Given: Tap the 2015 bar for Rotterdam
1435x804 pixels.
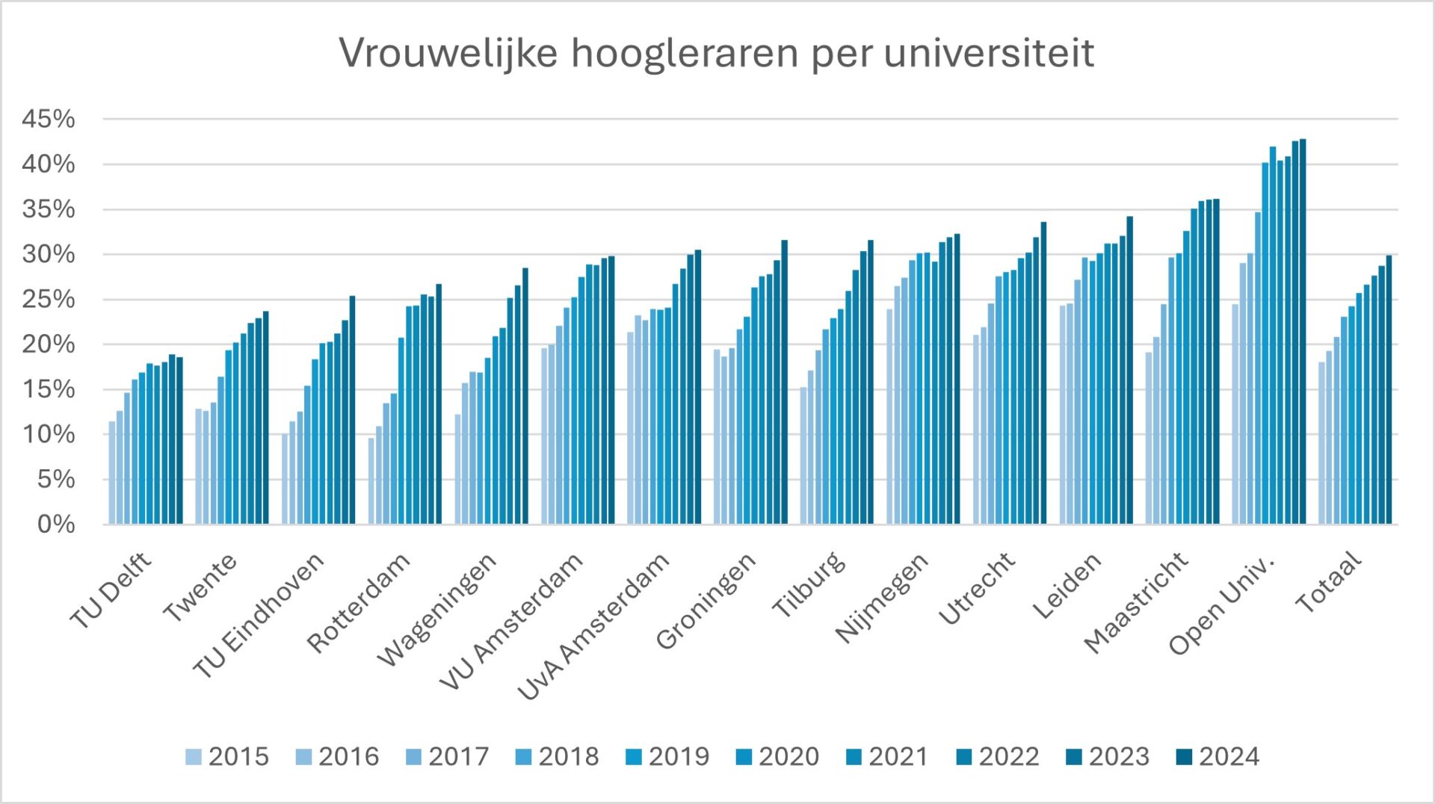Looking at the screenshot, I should pyautogui.click(x=371, y=481).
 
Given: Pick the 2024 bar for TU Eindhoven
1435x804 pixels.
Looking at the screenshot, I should pyautogui.click(x=352, y=411).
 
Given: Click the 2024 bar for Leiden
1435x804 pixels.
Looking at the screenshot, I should pyautogui.click(x=1130, y=371).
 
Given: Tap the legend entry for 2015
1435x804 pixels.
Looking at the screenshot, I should pyautogui.click(x=226, y=757).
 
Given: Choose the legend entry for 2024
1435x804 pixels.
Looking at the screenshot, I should pyautogui.click(x=1218, y=757).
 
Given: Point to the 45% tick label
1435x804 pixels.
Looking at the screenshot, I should pyautogui.click(x=49, y=120).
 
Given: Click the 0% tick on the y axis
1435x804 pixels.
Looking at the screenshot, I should pyautogui.click(x=56, y=525).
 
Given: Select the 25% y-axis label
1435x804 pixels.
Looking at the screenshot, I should pyautogui.click(x=49, y=300).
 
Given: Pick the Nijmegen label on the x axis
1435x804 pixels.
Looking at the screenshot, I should pyautogui.click(x=882, y=598).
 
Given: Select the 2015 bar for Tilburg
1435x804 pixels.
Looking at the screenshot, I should pyautogui.click(x=803, y=456).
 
